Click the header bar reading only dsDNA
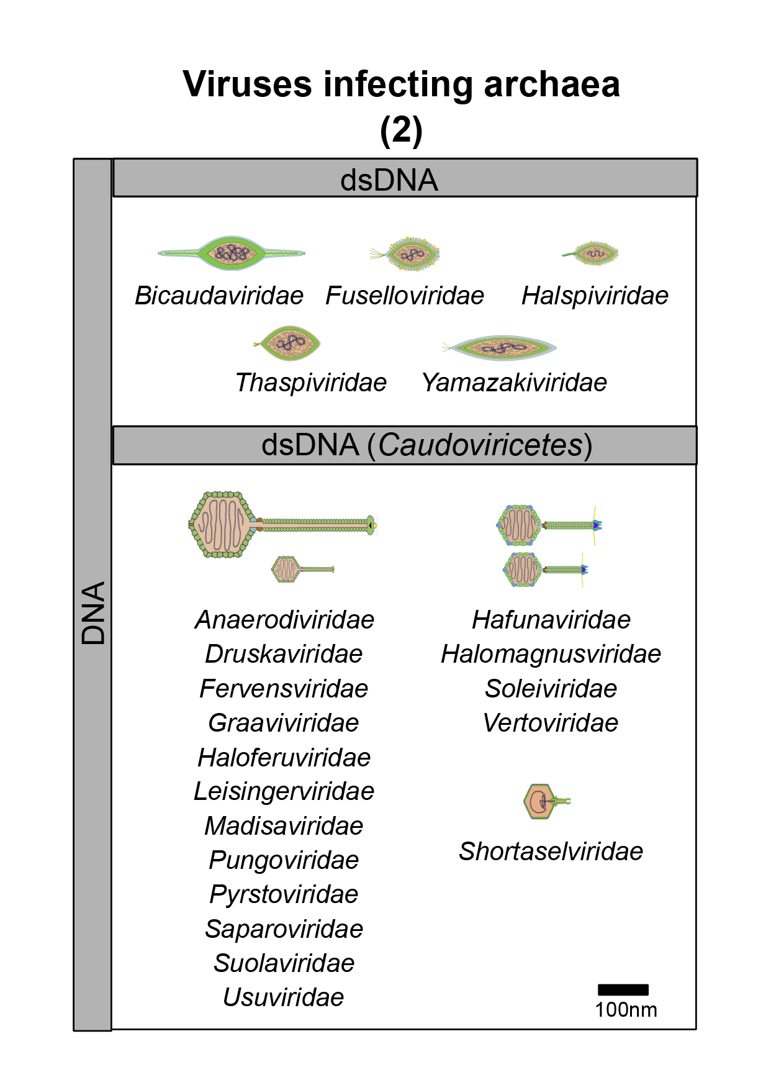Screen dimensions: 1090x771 [x=389, y=180]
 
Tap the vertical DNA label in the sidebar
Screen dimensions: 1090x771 [x=93, y=613]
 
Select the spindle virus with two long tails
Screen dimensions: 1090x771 [x=231, y=253]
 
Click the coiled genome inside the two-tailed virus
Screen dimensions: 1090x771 [x=232, y=252]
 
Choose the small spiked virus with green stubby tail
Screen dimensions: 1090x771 [x=590, y=253]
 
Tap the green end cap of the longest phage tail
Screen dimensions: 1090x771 [x=371, y=525]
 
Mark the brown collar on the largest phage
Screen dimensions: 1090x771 [x=259, y=525]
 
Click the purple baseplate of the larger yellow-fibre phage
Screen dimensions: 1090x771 [x=596, y=525]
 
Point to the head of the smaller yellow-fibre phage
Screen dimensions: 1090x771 [x=521, y=570]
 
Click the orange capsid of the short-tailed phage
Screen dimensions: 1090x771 [x=538, y=801]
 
